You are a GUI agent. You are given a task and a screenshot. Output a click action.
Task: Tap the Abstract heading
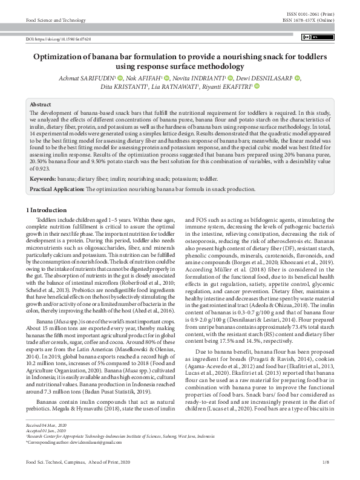point(41,105)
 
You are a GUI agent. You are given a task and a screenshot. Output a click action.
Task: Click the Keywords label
point(43,180)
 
